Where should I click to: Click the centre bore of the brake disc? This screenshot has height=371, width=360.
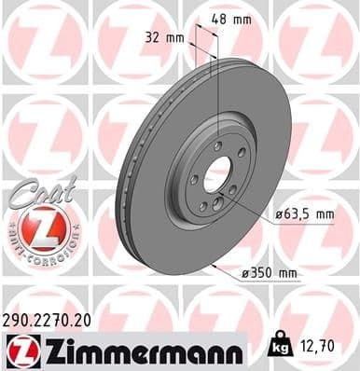coord(217,173)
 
